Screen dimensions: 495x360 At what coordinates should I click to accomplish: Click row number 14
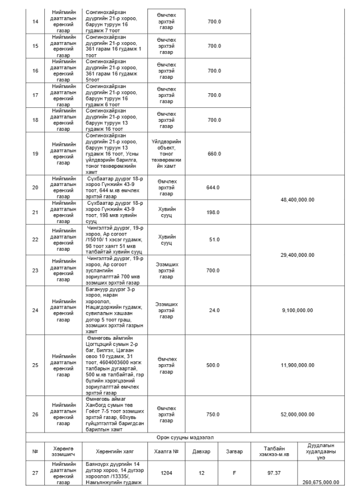pyautogui.click(x=35, y=21)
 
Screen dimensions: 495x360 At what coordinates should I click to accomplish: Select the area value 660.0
pyautogui.click(x=214, y=154)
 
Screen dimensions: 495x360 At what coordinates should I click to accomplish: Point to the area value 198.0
pyautogui.click(x=214, y=212)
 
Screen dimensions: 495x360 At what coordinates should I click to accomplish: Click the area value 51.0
pyautogui.click(x=214, y=239)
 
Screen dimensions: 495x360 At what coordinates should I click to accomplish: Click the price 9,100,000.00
pyautogui.click(x=297, y=310)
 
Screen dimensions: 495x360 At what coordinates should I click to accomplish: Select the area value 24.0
pyautogui.click(x=214, y=310)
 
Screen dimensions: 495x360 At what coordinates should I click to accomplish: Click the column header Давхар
pyautogui.click(x=201, y=451)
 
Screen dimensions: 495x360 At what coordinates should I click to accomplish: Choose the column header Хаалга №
pyautogui.click(x=166, y=451)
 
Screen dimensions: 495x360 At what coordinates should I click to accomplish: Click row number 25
pyautogui.click(x=35, y=365)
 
